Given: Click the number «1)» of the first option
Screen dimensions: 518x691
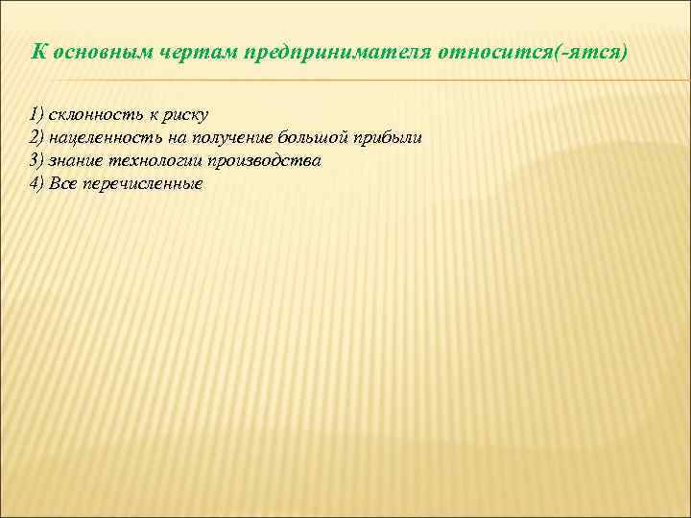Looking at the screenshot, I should (36, 114).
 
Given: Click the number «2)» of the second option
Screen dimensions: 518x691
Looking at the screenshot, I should (36, 137).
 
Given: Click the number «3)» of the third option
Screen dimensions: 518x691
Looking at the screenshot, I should (36, 160).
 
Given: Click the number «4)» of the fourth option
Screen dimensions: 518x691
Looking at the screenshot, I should (36, 183).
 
